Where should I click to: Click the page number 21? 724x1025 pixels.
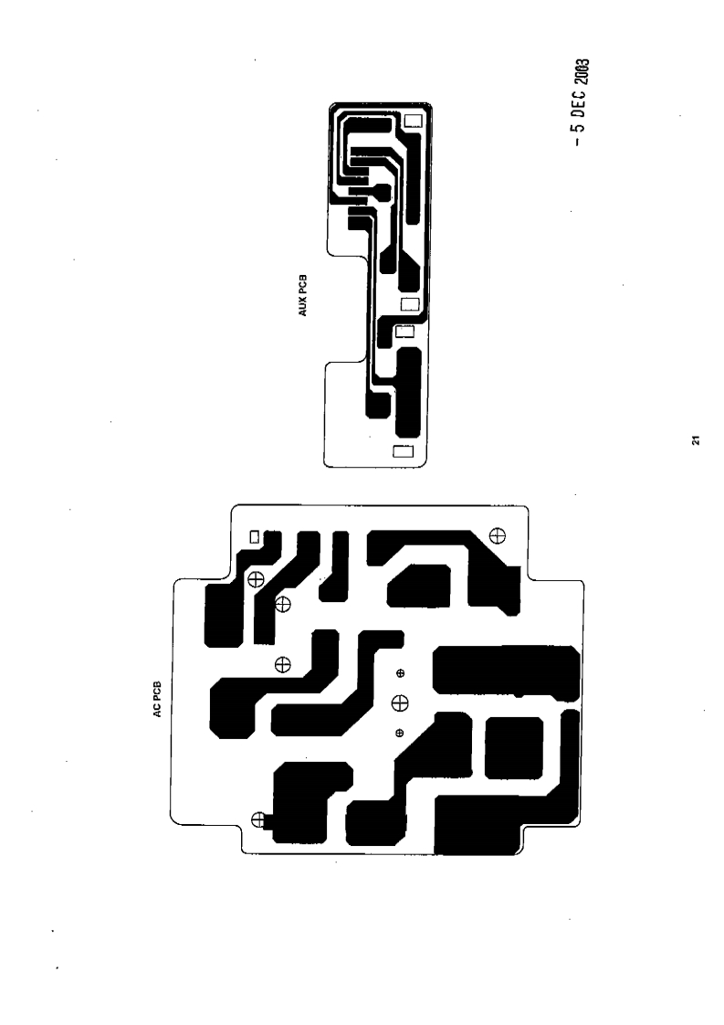[x=696, y=443]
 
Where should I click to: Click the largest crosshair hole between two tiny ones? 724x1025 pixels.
[x=400, y=703]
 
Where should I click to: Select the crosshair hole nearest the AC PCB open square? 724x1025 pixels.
[x=257, y=578]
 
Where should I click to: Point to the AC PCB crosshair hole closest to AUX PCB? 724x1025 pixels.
[x=498, y=535]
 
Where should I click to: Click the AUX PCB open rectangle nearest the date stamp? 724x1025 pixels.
[x=414, y=120]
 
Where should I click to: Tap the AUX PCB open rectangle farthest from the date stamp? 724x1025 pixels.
[x=402, y=450]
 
